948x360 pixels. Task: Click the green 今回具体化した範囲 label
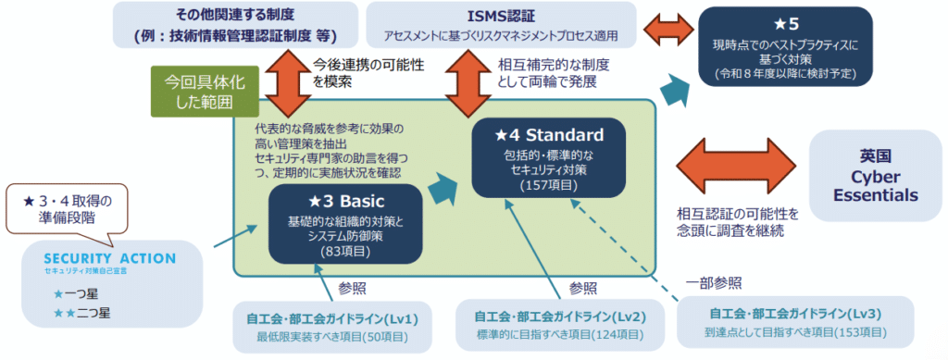coord(192,91)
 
